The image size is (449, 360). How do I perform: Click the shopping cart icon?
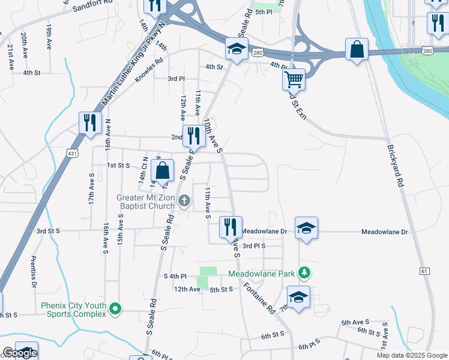294,79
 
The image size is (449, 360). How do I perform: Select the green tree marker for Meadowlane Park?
305,274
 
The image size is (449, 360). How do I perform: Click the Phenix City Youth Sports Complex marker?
116,310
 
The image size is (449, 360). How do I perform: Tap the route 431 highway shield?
71,154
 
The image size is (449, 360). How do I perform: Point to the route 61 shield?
425,271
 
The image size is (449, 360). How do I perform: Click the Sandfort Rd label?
91,7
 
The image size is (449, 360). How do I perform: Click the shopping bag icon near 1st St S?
162,170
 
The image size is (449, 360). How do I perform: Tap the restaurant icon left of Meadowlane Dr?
231,227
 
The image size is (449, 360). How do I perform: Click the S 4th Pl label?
176,276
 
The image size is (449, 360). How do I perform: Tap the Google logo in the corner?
19,353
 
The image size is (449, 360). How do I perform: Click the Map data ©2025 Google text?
412,355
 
